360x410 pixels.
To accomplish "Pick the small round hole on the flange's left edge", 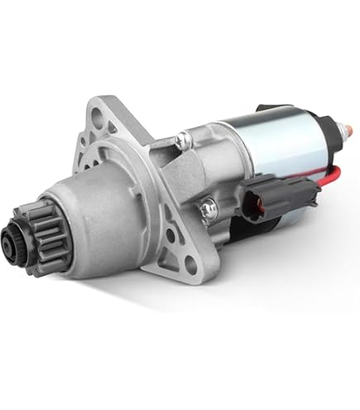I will pos(85,157).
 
